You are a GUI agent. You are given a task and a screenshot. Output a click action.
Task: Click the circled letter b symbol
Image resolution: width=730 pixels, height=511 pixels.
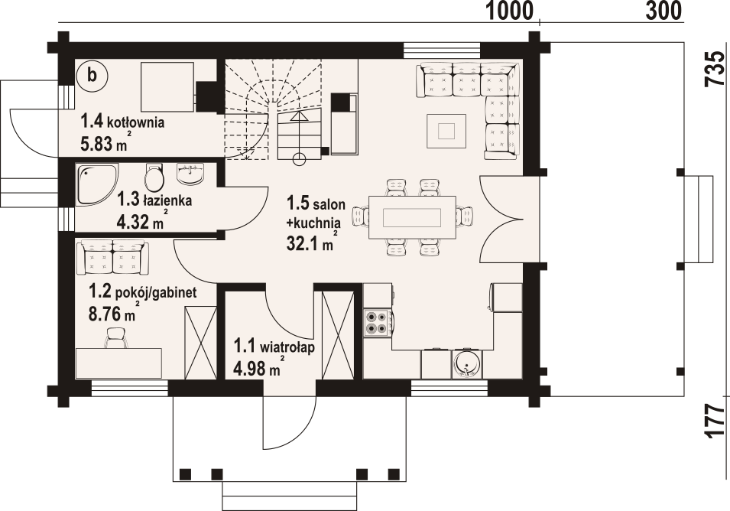[x=92, y=75]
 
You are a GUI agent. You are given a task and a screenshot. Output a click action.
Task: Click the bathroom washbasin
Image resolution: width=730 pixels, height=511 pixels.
[x=190, y=174]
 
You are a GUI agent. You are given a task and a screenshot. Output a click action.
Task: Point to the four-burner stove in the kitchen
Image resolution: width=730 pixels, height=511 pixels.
[x=378, y=323]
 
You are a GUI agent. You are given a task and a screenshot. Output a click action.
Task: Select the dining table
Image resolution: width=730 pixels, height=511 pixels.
[x=412, y=217]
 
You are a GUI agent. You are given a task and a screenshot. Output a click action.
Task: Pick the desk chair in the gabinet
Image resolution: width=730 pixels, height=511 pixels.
[x=115, y=337]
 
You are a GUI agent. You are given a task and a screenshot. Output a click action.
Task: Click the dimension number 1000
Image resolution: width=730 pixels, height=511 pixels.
[x=509, y=11]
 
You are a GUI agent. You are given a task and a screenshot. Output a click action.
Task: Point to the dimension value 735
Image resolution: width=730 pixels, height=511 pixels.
[x=716, y=68]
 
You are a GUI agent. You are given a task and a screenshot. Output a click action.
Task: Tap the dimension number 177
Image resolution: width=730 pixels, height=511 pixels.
[x=715, y=421]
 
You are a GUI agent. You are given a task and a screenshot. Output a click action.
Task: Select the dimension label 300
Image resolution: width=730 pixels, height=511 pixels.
[x=663, y=11]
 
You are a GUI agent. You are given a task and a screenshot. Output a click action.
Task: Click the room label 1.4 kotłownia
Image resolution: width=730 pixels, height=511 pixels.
[x=122, y=122]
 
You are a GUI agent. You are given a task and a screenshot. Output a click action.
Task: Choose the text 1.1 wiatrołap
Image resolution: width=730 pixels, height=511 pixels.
[x=274, y=347]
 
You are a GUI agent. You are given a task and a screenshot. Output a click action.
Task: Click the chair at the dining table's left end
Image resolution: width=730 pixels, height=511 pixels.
[x=361, y=216]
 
